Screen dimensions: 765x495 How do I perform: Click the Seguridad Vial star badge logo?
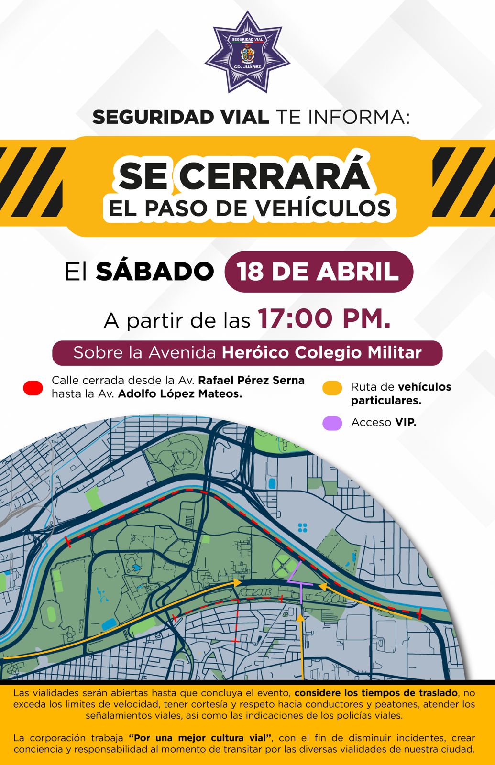tap(247, 53)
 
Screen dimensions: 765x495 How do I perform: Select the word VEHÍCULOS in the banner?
tap(323, 208)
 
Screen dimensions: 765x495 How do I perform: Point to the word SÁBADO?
tap(154, 272)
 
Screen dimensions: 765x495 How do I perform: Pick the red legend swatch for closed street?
tap(33, 388)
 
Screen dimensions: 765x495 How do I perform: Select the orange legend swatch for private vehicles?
tap(332, 388)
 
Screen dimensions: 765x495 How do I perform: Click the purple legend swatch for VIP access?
tap(332, 423)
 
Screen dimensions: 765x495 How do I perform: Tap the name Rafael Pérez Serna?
tap(251, 380)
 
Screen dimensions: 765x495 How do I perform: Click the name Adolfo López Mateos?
tap(180, 393)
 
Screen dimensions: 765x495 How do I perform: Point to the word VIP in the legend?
tap(406, 422)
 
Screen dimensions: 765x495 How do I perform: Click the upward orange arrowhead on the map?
tap(300, 618)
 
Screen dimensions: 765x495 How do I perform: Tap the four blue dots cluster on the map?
tap(302, 527)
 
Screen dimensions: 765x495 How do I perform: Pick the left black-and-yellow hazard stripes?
tap(32, 182)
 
